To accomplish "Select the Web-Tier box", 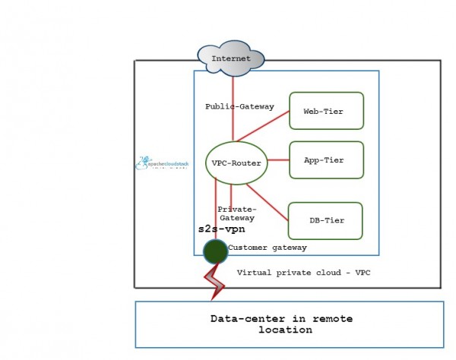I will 326,111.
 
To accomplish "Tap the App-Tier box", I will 326,160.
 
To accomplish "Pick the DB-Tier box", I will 326,220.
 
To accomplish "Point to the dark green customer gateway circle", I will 215,249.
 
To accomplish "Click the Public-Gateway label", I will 239,106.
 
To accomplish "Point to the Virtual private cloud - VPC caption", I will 301,271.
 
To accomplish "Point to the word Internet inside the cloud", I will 231,58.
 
